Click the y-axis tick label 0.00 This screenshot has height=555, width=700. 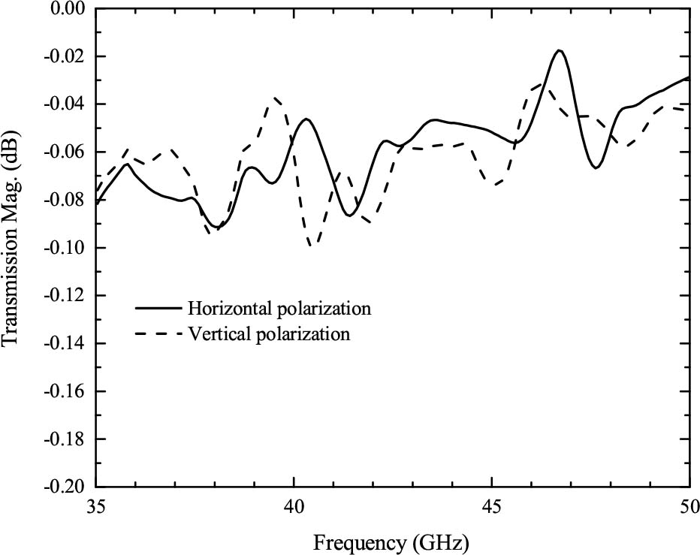tap(68, 9)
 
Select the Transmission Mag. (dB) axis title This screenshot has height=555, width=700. tap(11, 248)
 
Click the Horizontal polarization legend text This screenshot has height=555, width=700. tap(280, 308)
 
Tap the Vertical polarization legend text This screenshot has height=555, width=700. tap(269, 334)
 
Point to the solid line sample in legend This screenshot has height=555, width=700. tap(158, 308)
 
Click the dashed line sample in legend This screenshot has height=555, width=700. tap(158, 334)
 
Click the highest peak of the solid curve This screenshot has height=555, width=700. tap(559, 50)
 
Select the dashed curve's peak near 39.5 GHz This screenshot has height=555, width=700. tap(276, 98)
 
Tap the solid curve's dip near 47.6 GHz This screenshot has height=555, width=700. tap(596, 167)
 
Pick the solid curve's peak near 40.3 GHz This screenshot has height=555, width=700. tap(306, 119)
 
